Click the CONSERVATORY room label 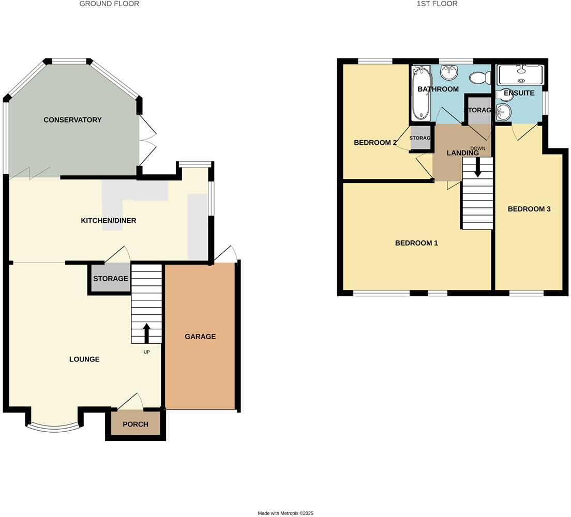[72, 120]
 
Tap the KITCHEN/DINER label [109, 221]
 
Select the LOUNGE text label [84, 359]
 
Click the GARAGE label [200, 337]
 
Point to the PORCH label [136, 424]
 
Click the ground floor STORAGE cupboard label [110, 279]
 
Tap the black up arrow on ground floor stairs [146, 333]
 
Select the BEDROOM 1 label [416, 243]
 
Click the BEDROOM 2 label [375, 143]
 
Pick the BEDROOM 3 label [529, 209]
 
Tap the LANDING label [462, 153]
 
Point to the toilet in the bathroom [480, 78]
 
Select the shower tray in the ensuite [520, 75]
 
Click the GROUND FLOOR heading [109, 4]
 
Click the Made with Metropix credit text [285, 513]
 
